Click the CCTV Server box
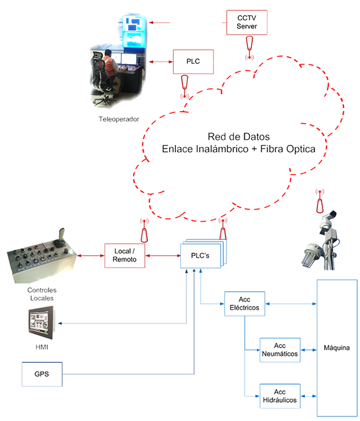247,23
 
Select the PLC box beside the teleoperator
193,62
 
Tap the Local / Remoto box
125,256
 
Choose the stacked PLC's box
203,254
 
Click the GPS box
42,374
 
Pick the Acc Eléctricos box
244,304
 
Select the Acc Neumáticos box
280,350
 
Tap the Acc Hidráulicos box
280,397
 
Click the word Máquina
337,348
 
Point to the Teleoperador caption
118,119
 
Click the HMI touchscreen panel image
42,322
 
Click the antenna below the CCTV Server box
249,47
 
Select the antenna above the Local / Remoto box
144,230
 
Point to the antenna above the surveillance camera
320,201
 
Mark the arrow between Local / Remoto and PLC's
163,256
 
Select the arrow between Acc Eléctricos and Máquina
291,304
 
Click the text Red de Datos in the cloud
239,137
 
